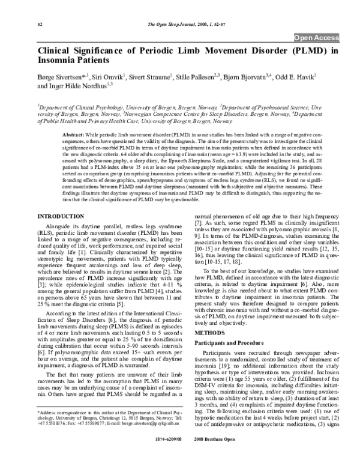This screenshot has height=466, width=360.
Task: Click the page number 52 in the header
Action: click(40, 23)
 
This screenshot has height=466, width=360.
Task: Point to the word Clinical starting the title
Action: click(58, 52)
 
